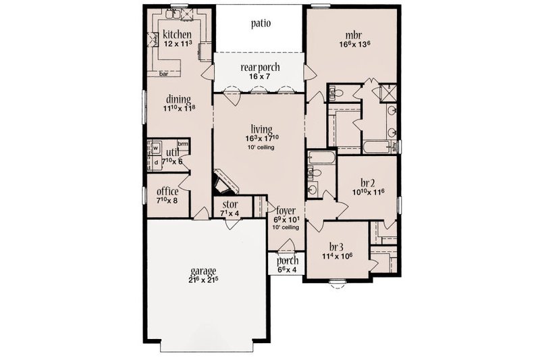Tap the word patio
coord(261,24)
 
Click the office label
coord(167,191)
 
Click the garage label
coord(202,272)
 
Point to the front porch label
coord(288,261)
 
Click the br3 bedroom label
coord(337,247)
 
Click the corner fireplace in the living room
coord(223,182)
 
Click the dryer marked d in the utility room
coord(155,162)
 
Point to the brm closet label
coord(182,143)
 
